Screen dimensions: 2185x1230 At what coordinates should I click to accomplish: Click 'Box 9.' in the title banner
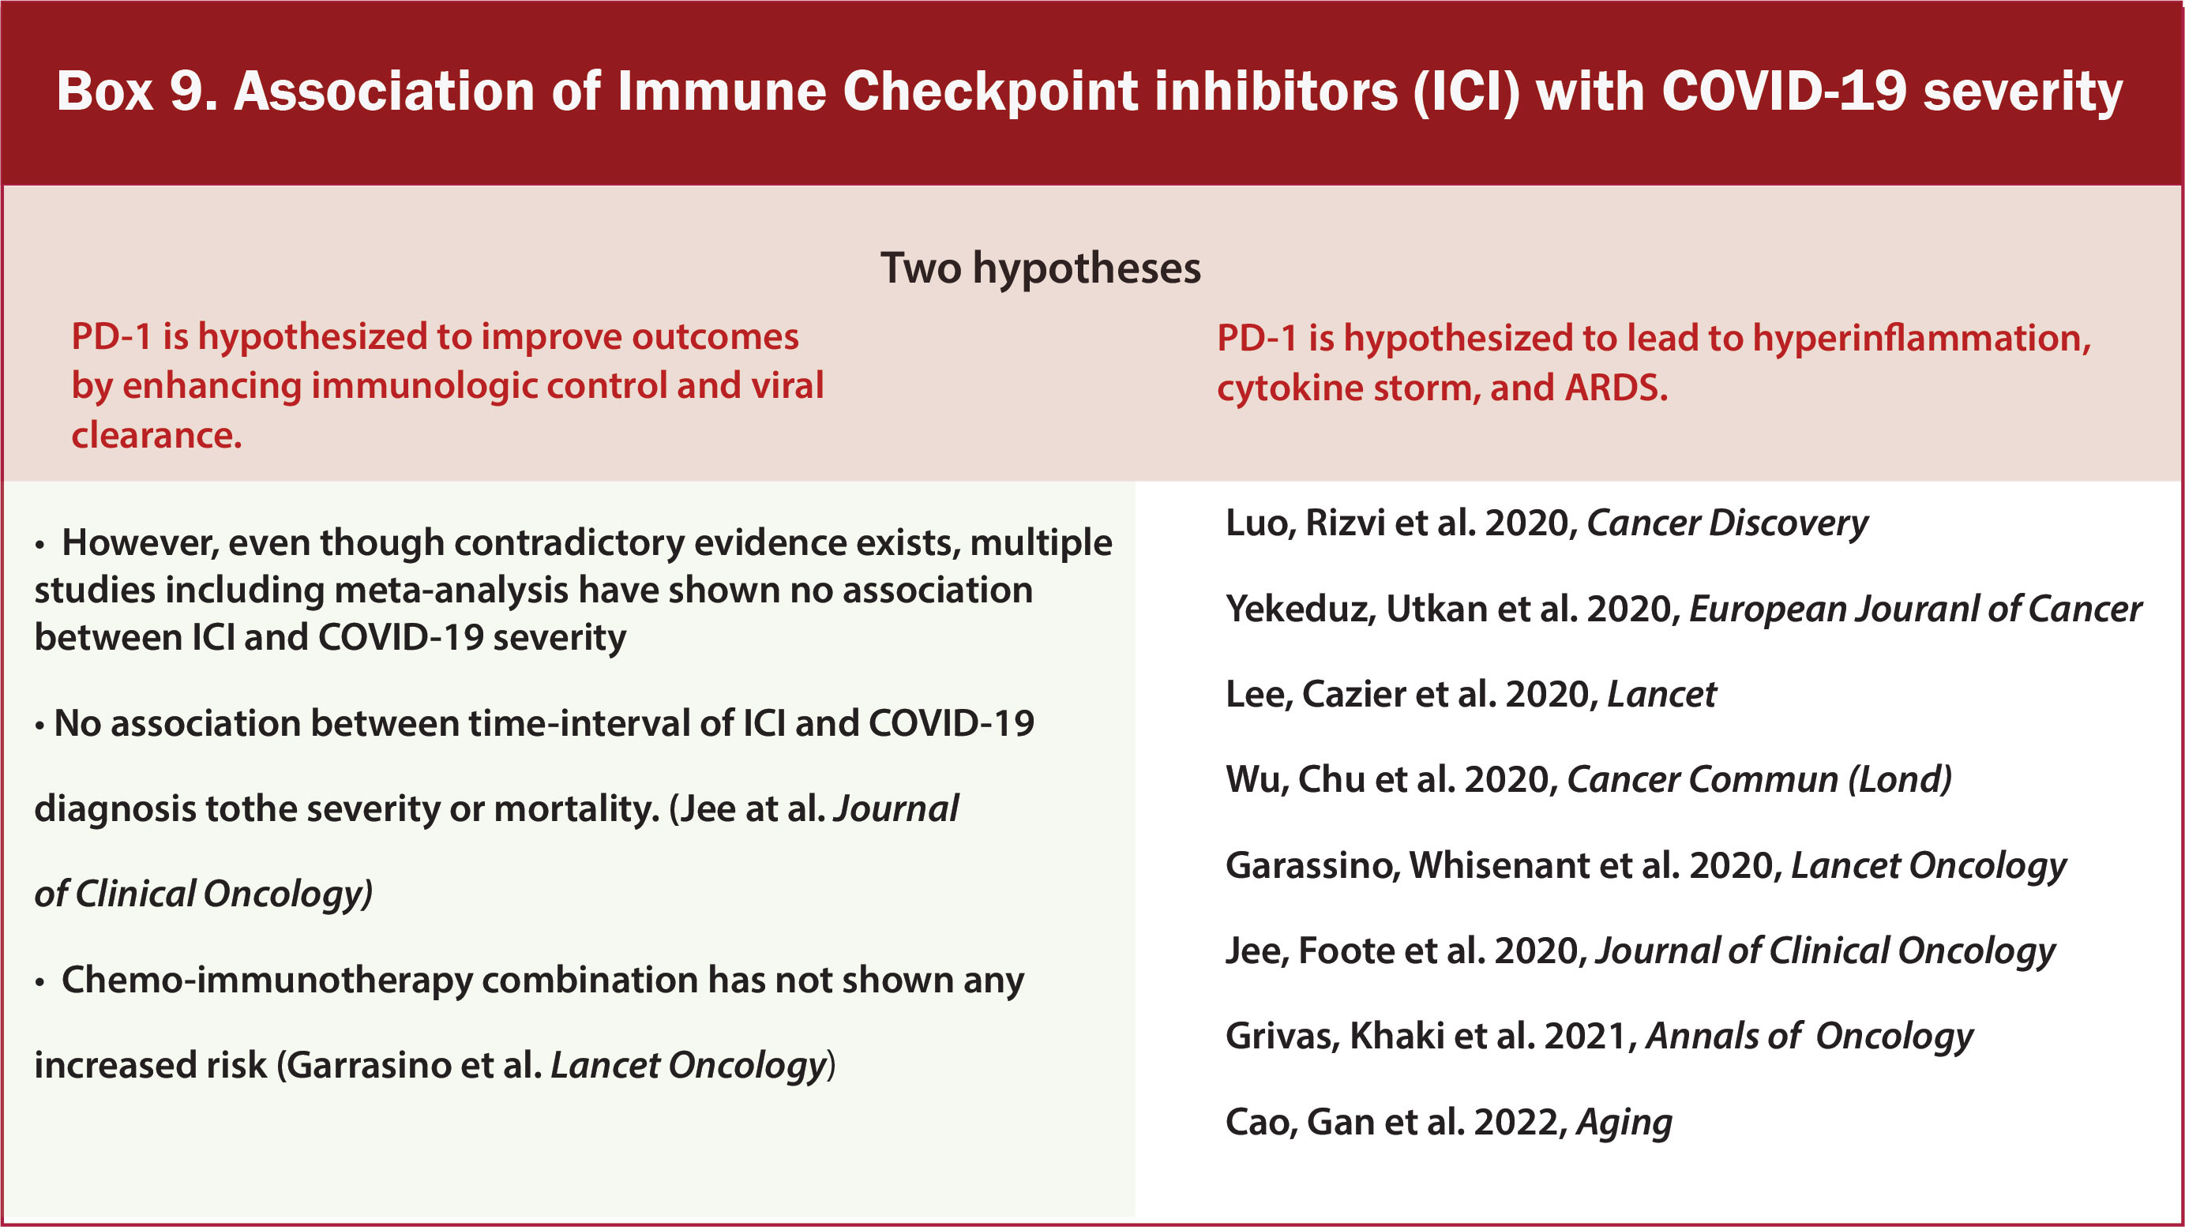coord(137,91)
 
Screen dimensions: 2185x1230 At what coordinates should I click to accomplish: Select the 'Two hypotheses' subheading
coord(1041,269)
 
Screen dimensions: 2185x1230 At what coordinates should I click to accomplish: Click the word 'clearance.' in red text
coord(157,435)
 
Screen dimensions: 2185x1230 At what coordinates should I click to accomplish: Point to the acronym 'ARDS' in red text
coord(1616,388)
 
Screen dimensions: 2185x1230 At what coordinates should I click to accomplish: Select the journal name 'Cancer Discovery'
coord(1727,523)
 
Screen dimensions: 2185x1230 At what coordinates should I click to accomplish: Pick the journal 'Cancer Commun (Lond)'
coord(1759,778)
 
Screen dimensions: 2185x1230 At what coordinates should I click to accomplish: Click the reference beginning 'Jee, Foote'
coord(1640,951)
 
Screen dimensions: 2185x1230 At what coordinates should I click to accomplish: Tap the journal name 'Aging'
coord(1624,1123)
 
